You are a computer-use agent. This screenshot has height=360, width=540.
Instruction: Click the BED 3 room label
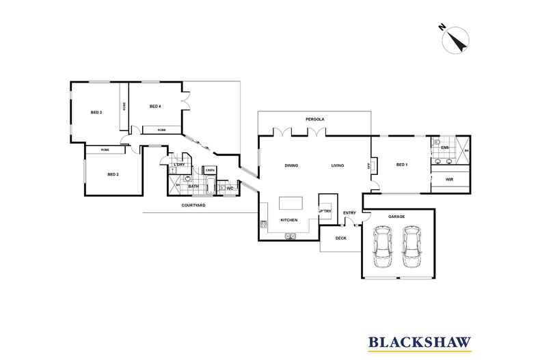(x=96, y=112)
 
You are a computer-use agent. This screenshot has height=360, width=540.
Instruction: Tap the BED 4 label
(x=155, y=107)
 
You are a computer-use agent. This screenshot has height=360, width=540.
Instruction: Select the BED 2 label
(x=113, y=174)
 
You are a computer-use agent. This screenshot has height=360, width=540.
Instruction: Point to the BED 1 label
(x=402, y=165)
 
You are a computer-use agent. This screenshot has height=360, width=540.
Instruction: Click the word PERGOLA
(x=315, y=119)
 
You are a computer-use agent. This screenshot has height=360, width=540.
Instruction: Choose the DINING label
(x=292, y=165)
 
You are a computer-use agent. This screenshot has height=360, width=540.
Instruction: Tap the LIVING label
(x=338, y=165)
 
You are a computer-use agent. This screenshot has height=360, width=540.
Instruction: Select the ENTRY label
(x=349, y=212)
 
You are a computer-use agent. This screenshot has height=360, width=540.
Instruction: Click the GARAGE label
(x=397, y=217)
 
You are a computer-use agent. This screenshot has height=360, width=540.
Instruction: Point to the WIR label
(x=449, y=179)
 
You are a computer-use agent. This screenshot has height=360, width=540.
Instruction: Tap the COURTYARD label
(x=194, y=205)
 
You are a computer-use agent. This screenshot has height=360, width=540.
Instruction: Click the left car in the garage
(x=381, y=249)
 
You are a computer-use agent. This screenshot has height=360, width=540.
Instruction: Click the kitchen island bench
(x=291, y=204)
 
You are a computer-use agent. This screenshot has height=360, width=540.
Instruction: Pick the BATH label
(x=193, y=186)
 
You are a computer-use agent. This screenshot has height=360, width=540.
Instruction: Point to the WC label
(x=230, y=189)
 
